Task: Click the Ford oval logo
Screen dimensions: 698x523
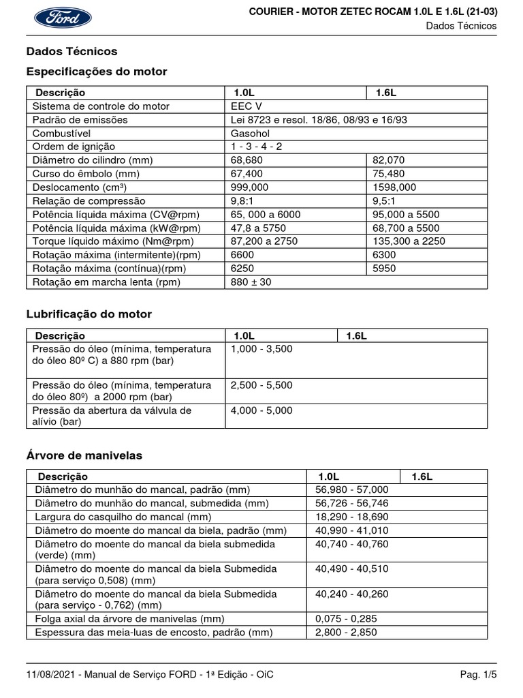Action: pyautogui.click(x=63, y=18)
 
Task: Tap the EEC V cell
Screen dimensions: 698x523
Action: pyautogui.click(x=246, y=106)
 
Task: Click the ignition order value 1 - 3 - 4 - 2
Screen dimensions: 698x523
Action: pyautogui.click(x=257, y=147)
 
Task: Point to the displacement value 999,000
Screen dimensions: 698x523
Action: pyautogui.click(x=250, y=187)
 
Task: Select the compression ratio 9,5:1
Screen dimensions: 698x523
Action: pyautogui.click(x=383, y=201)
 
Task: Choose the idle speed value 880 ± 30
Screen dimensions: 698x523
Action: pyautogui.click(x=251, y=282)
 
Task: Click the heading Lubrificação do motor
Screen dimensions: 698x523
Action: pyautogui.click(x=89, y=314)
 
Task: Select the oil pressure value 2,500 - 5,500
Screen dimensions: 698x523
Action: pyautogui.click(x=261, y=385)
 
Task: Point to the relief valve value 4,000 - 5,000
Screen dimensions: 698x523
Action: pyautogui.click(x=261, y=410)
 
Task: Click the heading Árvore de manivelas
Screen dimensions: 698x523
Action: pyautogui.click(x=84, y=456)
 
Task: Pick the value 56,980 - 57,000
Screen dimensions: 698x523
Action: pyautogui.click(x=351, y=489)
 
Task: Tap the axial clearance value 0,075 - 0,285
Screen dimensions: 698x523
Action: pyautogui.click(x=346, y=619)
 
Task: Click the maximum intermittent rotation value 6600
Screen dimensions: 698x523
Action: pyautogui.click(x=242, y=255)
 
